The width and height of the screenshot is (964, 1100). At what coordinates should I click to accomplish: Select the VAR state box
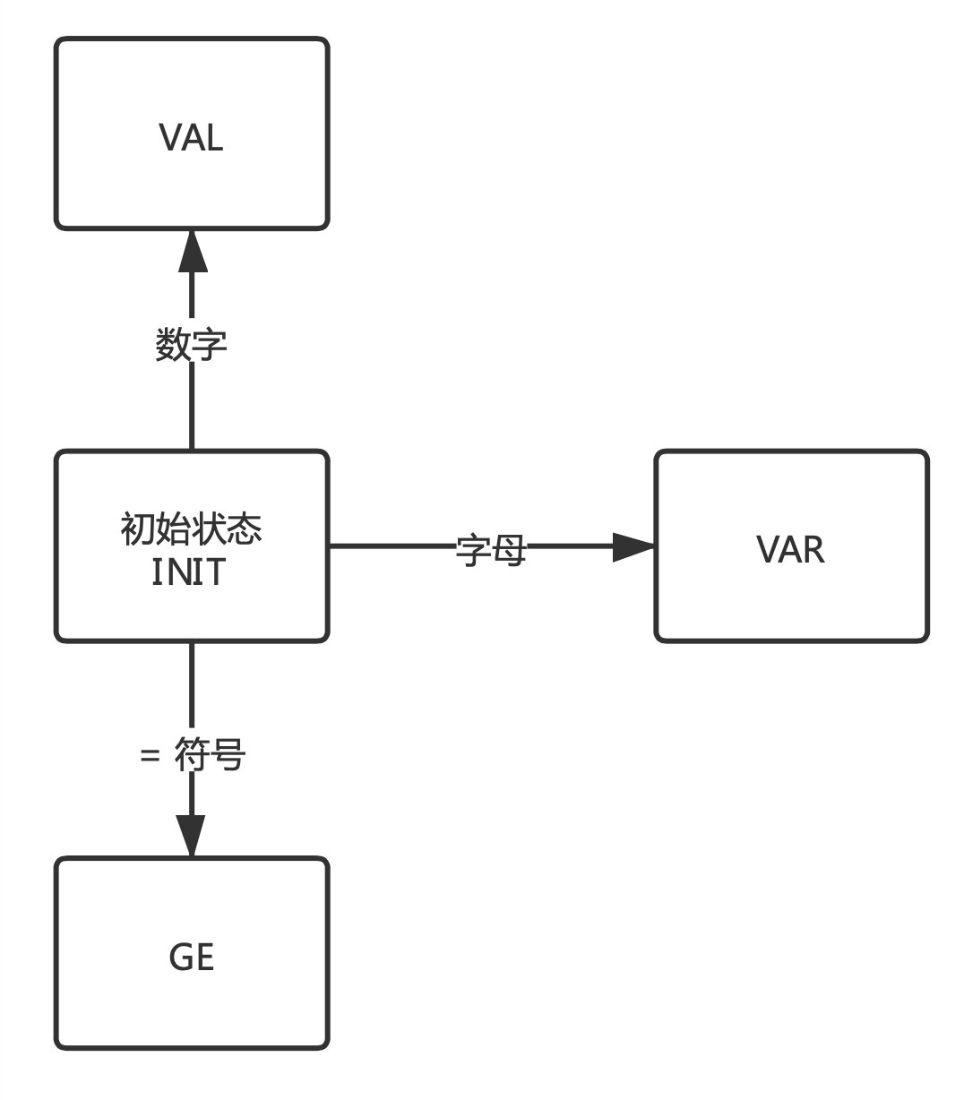point(791,546)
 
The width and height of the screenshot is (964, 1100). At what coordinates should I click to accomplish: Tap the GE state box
point(192,954)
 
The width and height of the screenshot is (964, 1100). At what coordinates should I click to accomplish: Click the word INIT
point(189,571)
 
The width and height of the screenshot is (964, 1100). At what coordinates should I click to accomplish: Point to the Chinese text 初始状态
point(191,529)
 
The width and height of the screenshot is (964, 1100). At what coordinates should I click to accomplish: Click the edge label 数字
point(191,345)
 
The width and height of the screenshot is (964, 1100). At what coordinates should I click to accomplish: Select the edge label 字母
point(490,550)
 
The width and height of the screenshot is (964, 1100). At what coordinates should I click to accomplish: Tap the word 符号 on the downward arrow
point(210,757)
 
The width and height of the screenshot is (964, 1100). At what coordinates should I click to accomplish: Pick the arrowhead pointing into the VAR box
point(633,546)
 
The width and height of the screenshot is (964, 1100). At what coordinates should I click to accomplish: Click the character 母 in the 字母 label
point(508,550)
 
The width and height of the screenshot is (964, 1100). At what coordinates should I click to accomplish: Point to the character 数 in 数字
point(173,345)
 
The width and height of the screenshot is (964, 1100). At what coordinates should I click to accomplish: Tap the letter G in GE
point(180,958)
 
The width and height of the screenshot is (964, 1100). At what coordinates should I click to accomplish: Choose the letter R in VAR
point(813,549)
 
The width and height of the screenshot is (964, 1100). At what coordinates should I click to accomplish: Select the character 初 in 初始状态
point(137,529)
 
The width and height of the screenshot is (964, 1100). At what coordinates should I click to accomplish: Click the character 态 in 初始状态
point(245,529)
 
